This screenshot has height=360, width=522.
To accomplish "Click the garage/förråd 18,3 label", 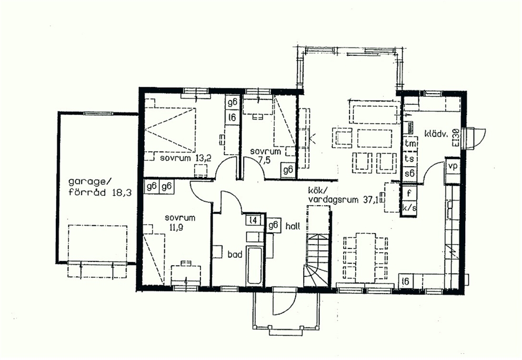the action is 100,187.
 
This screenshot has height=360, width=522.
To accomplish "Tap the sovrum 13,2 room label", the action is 185,158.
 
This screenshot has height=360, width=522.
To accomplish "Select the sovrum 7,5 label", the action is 266,156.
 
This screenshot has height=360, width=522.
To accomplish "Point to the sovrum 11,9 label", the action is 180,223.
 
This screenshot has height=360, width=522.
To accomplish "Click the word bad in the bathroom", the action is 235,255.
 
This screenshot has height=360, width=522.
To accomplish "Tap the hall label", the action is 293,226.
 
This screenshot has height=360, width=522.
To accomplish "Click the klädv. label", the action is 437,134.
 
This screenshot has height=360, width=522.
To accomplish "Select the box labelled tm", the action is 410,143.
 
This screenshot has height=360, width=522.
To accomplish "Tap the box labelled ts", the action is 410,158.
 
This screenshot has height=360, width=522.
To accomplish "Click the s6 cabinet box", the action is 410,174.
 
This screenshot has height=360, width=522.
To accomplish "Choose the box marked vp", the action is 453,165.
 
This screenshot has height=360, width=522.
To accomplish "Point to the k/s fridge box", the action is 409,208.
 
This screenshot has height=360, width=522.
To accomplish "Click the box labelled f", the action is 409,193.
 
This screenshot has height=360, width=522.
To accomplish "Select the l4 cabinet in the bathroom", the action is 253,220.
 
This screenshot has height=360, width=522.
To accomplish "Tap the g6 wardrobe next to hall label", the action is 273,225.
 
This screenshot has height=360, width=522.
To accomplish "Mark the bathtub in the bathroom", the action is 255,266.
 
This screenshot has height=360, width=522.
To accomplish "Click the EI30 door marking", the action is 455,137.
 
